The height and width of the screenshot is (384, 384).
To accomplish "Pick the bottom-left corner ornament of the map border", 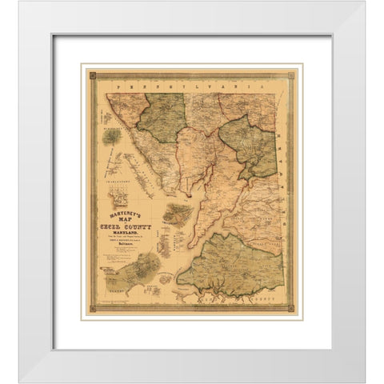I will click(92, 308).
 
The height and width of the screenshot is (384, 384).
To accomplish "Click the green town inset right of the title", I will click(177, 214).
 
